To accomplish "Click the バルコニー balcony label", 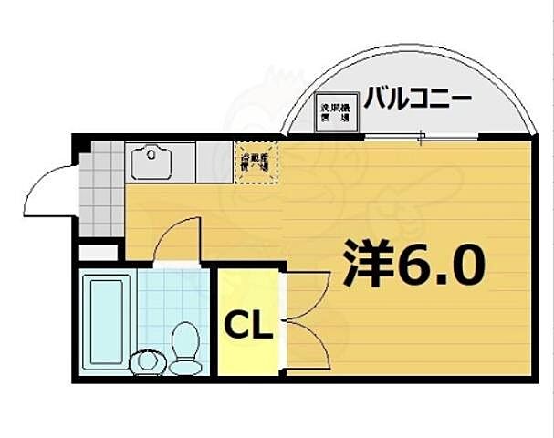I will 417,98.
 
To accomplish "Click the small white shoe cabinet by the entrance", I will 98,250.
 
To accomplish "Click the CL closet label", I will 248,324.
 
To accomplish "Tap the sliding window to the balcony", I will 420,138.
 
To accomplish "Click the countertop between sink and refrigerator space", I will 212,162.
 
